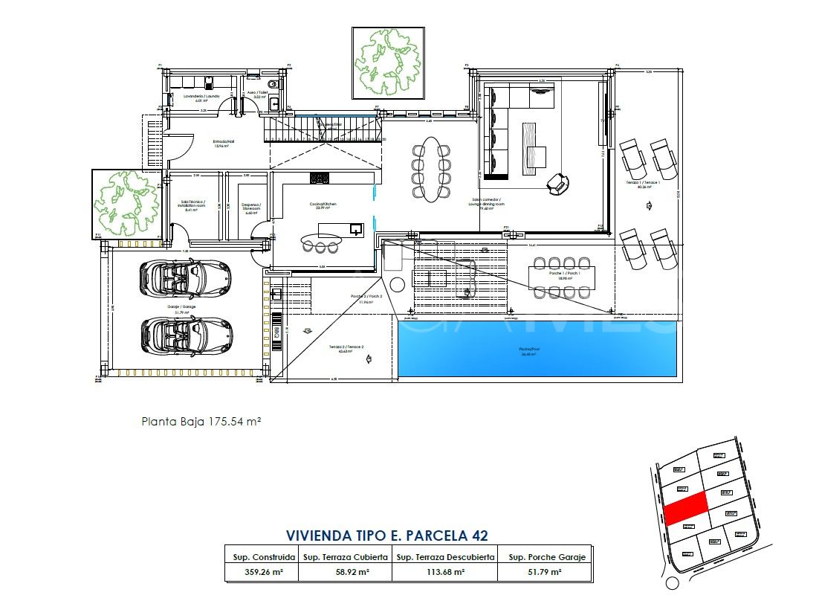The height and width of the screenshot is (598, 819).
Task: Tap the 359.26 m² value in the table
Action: tap(261, 572)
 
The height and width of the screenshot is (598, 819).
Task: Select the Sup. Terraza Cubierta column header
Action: tap(344, 556)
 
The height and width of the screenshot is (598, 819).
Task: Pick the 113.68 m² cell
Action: tap(444, 572)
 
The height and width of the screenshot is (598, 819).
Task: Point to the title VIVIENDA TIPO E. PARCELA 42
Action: tap(386, 535)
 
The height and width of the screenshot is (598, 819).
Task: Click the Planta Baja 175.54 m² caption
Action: tap(201, 421)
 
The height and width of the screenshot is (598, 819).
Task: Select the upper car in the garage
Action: tap(195, 277)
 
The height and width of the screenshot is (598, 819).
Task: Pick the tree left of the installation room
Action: tap(126, 203)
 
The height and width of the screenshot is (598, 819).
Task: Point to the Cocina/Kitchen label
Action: tap(323, 205)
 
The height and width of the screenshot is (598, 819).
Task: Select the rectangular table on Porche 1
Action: tap(561, 276)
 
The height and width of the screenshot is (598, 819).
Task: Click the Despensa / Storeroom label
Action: tap(246, 208)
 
